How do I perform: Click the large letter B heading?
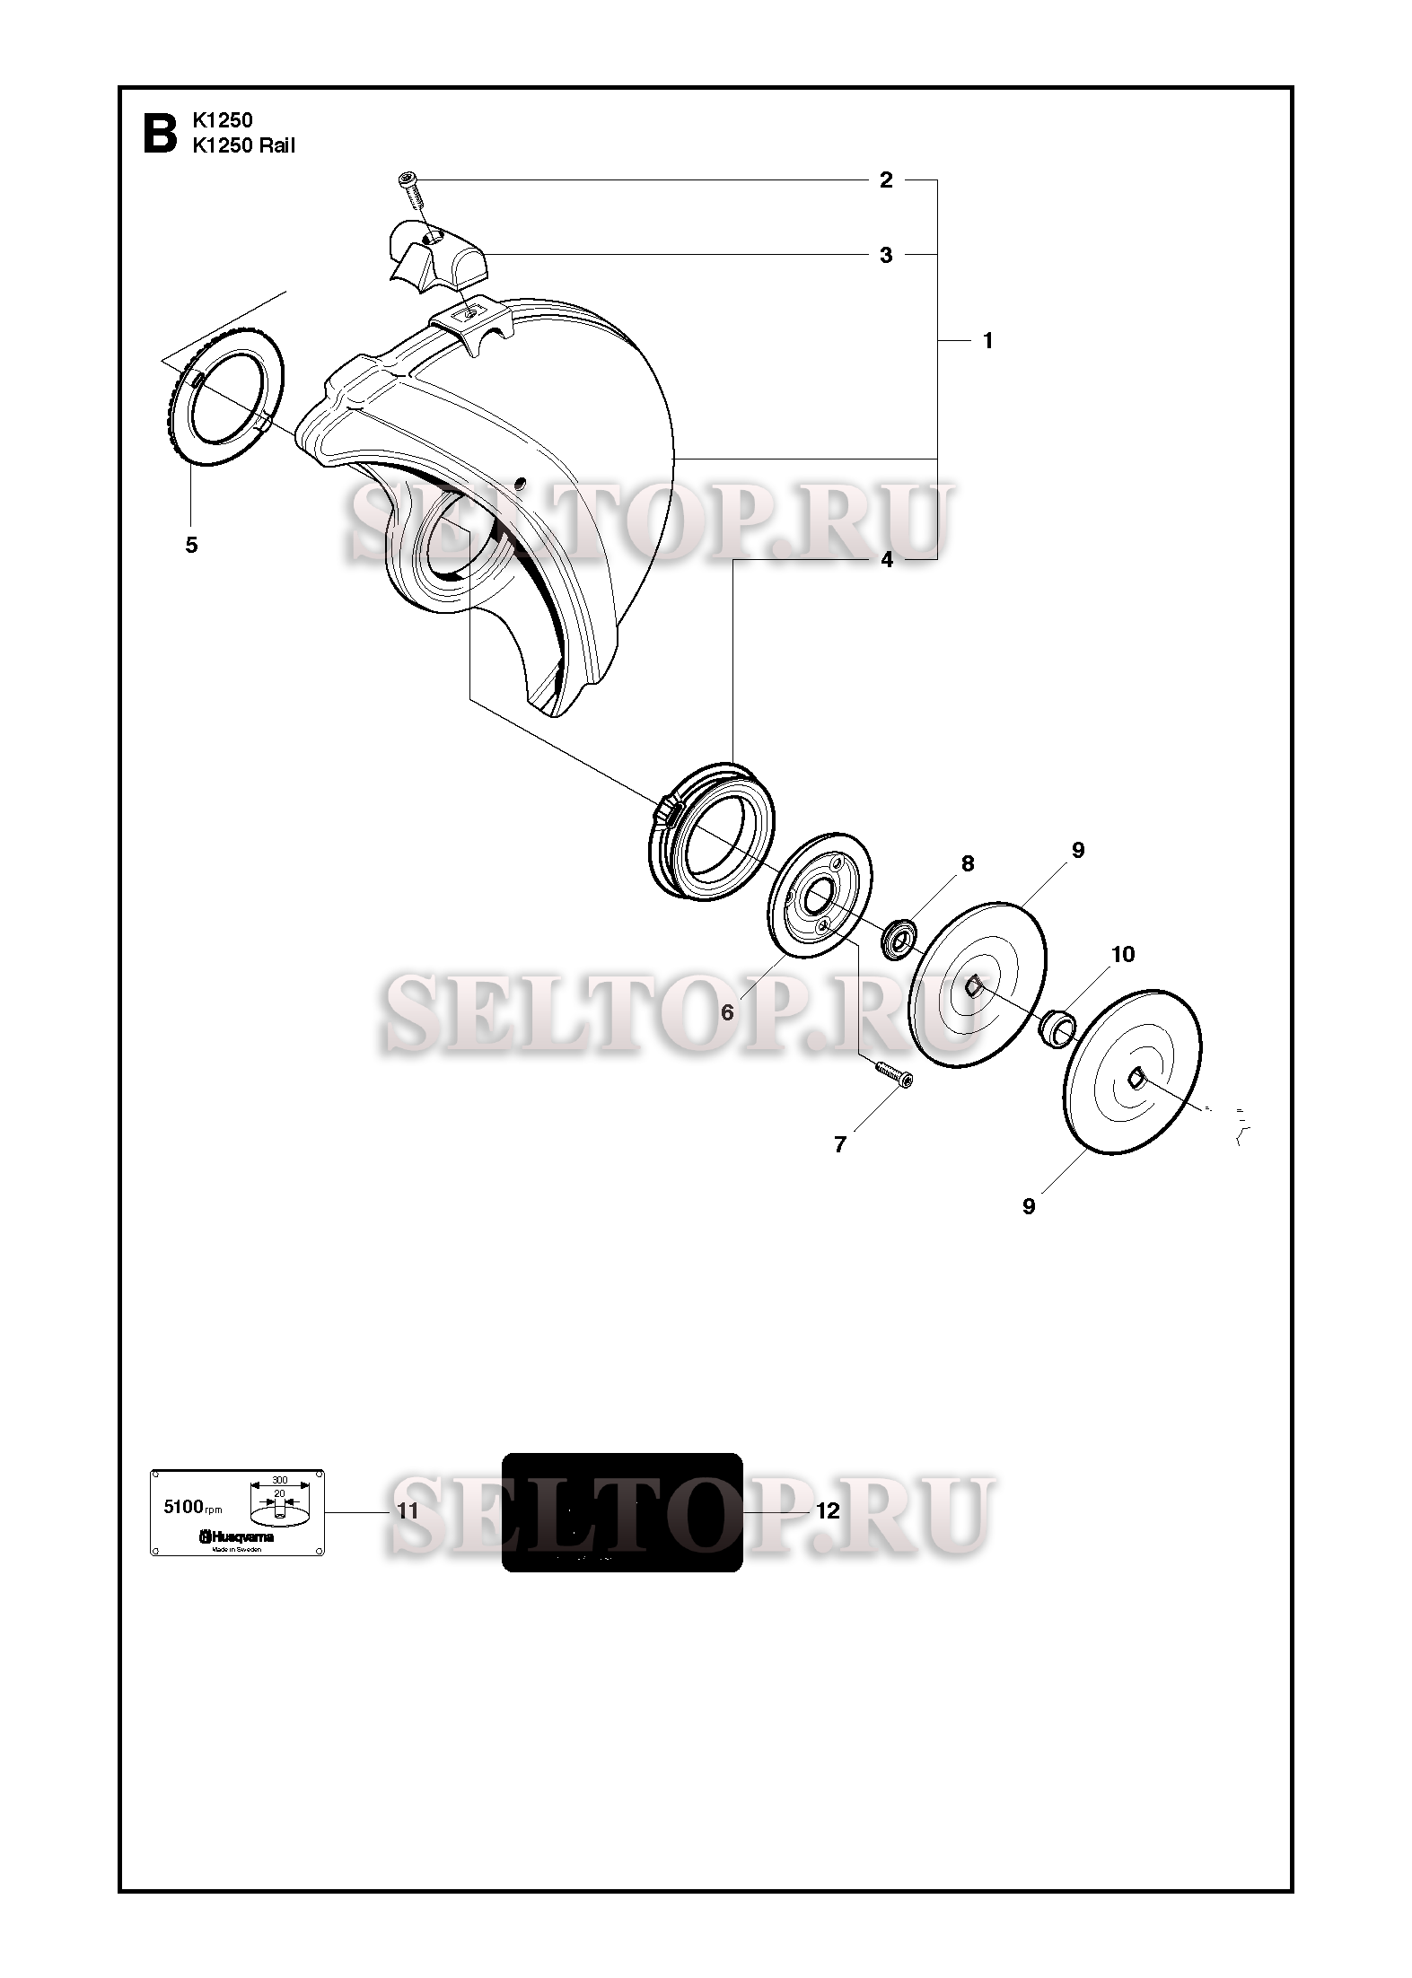point(161,132)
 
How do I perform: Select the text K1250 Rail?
point(243,145)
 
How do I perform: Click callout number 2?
point(886,180)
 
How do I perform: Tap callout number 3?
point(886,255)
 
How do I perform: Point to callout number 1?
point(987,341)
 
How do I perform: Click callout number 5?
point(191,545)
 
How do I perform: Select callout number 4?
point(887,560)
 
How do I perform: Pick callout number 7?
point(840,1144)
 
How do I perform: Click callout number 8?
point(967,863)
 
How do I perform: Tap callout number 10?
point(1123,954)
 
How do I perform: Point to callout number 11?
point(408,1511)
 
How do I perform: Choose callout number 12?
point(828,1511)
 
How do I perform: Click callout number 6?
point(727,1012)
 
